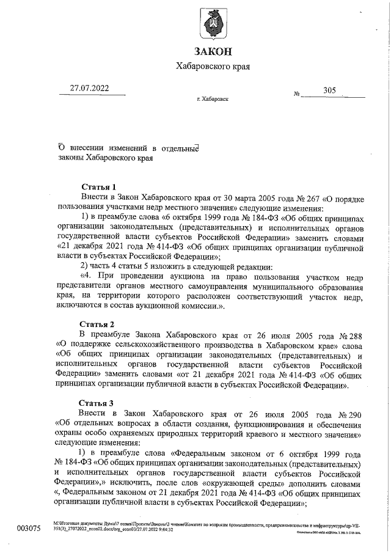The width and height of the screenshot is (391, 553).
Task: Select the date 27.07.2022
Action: coord(89,88)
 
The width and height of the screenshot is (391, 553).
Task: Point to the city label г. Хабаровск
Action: coord(212,98)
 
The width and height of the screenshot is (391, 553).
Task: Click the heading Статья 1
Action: coord(98,186)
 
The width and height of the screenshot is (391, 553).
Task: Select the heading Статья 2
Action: coord(97,324)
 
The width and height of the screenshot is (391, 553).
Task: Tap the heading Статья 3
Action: coord(97,403)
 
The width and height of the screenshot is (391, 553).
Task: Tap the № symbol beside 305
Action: coord(298,95)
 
